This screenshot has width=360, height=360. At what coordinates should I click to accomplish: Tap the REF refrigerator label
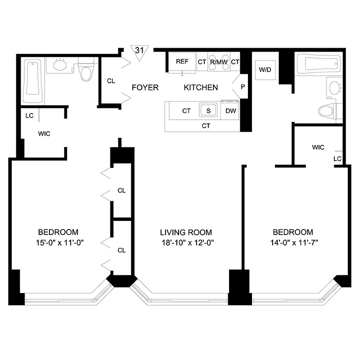(182, 62)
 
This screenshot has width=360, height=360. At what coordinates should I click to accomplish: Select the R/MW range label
(219, 62)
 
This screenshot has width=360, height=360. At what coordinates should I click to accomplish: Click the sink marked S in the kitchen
(208, 110)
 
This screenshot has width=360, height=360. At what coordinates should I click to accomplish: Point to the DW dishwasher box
(230, 111)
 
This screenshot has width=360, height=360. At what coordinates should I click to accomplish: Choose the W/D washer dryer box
(264, 70)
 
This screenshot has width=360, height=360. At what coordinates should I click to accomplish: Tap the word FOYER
(145, 87)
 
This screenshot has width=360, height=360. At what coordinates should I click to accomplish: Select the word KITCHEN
(201, 87)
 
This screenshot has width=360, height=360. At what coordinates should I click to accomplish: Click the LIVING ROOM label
(186, 233)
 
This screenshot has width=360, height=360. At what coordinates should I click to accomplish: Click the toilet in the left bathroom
(86, 70)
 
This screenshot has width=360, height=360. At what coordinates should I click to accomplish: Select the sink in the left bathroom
(60, 65)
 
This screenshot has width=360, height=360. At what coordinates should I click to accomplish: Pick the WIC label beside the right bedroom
(318, 147)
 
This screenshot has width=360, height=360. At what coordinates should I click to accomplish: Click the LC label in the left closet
(30, 116)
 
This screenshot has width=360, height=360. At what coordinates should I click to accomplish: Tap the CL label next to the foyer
(112, 81)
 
